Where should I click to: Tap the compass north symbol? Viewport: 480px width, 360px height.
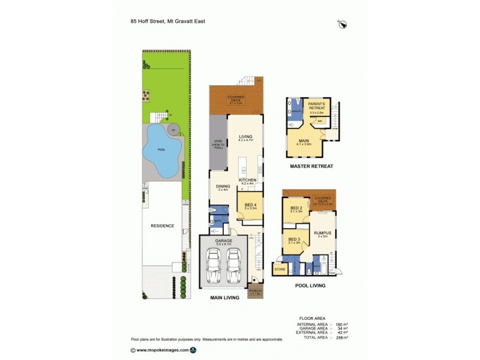pyautogui.click(x=343, y=24)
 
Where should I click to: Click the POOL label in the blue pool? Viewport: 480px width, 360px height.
pyautogui.click(x=161, y=150)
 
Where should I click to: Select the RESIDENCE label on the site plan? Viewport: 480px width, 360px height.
pyautogui.click(x=162, y=226)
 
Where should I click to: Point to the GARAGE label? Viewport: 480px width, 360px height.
pyautogui.click(x=223, y=241)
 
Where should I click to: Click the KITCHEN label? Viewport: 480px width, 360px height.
pyautogui.click(x=248, y=179)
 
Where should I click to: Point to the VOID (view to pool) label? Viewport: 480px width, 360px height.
pyautogui.click(x=218, y=144)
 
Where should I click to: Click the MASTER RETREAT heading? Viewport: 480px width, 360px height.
pyautogui.click(x=311, y=166)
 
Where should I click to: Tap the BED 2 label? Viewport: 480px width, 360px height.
pyautogui.click(x=296, y=208)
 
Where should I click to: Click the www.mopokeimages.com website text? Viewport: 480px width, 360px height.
pyautogui.click(x=163, y=350)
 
